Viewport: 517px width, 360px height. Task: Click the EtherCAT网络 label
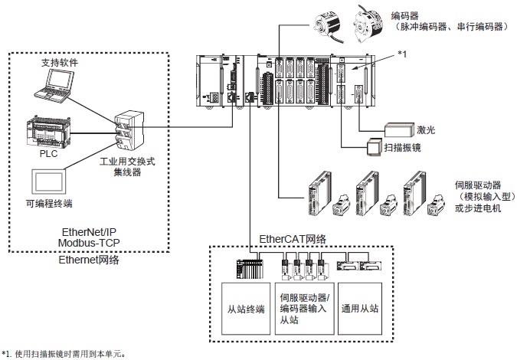(293, 239)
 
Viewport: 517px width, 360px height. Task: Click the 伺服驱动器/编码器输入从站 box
(303, 309)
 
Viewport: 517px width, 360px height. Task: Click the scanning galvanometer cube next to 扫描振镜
(374, 146)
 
